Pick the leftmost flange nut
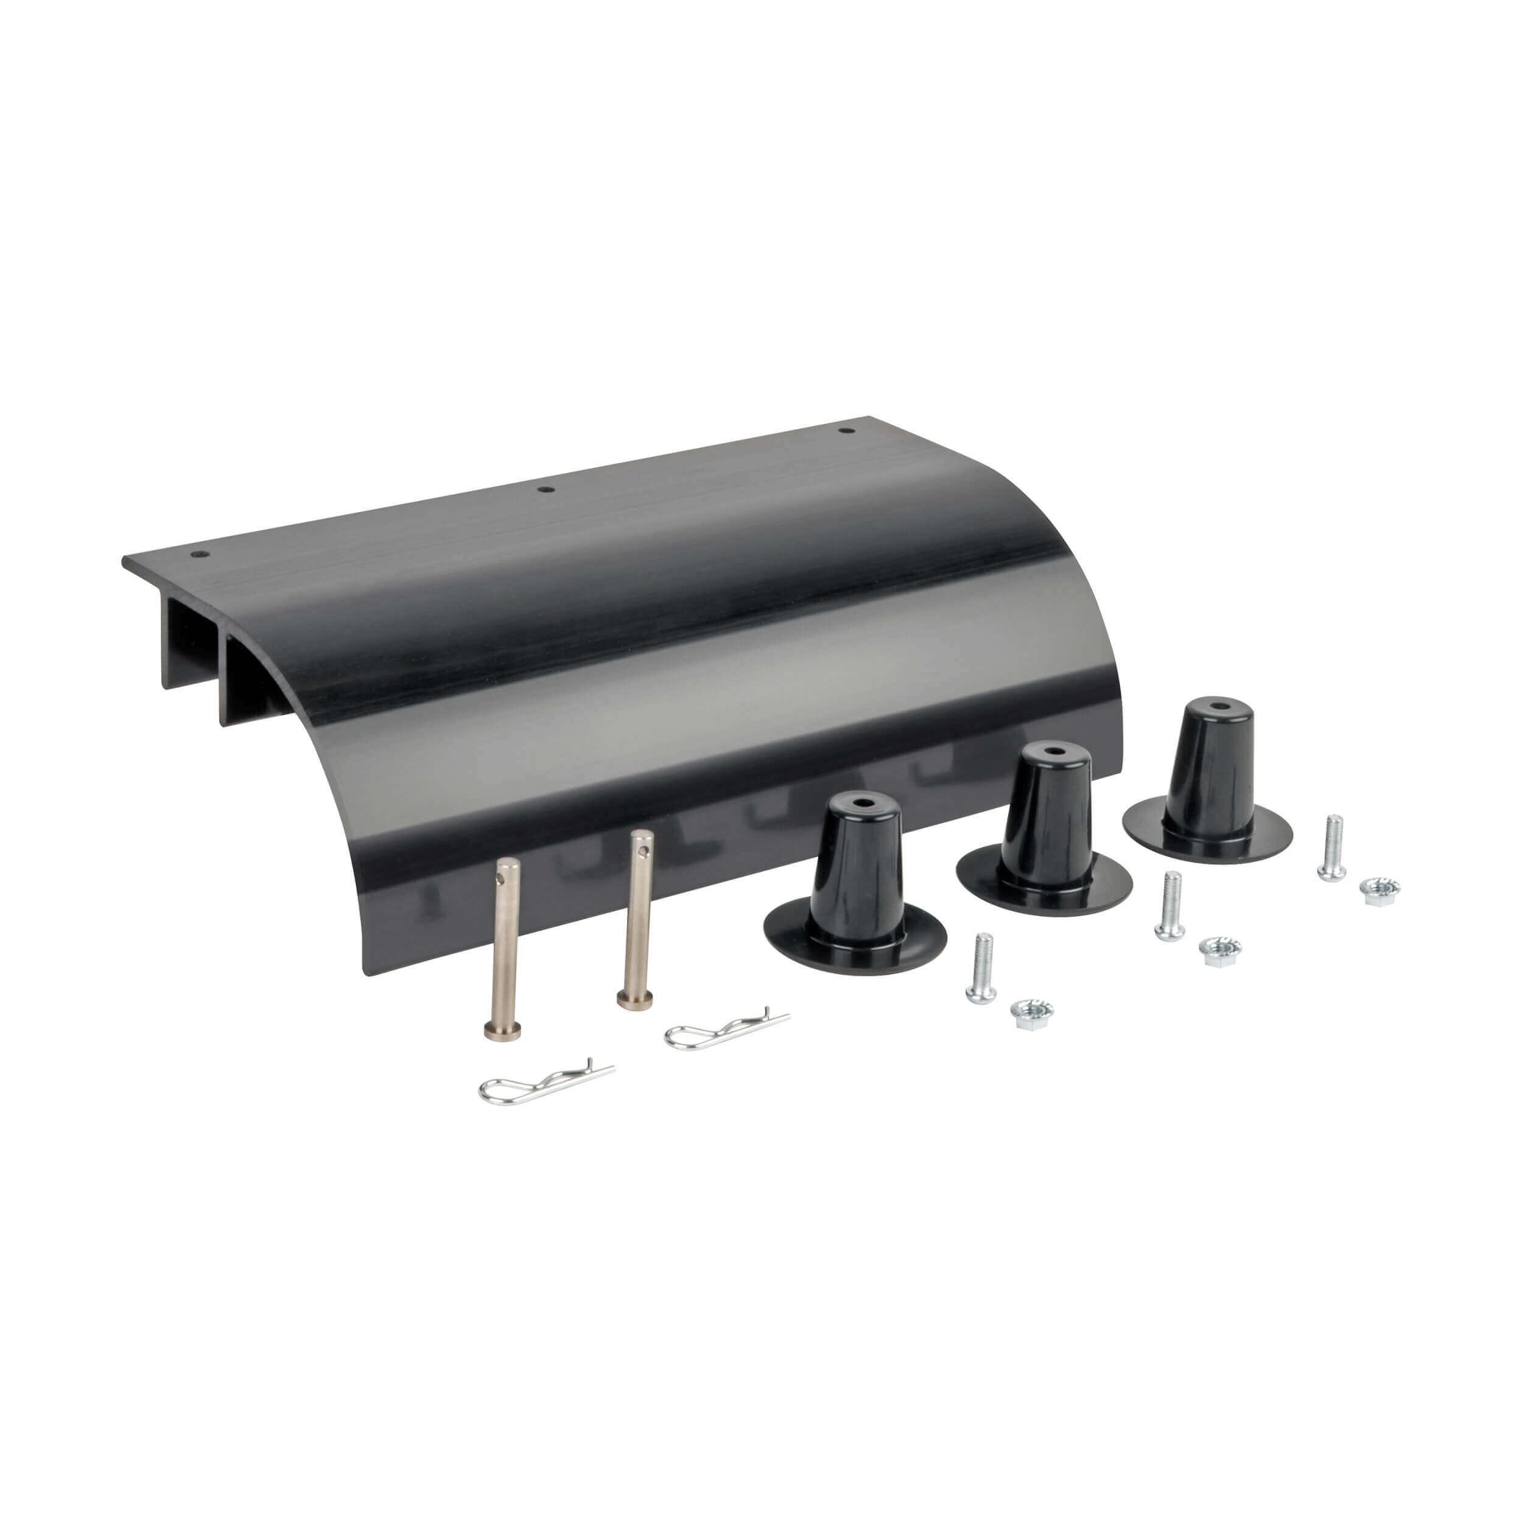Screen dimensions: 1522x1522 coord(1031,1015)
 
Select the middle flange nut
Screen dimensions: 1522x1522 coord(1219,952)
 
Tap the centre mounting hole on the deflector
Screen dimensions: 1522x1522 coord(545,490)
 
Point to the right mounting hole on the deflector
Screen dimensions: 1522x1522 coord(845,431)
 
